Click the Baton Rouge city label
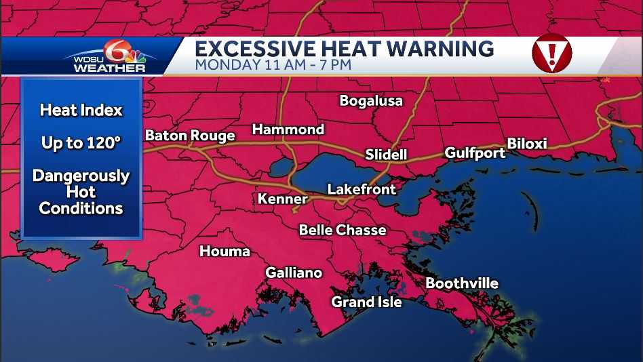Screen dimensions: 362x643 tap(190, 136)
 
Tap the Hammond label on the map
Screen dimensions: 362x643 tap(288, 129)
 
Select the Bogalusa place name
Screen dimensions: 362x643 tap(371, 101)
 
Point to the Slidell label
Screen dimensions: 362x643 tap(386, 155)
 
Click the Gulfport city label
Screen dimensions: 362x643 tap(475, 153)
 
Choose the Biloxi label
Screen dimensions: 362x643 tap(527, 144)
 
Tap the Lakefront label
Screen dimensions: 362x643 tap(362, 189)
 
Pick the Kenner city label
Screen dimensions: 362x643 tap(282, 199)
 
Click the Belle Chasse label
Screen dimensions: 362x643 tap(343, 230)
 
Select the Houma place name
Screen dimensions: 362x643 tap(225, 252)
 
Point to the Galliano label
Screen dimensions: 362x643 tap(294, 273)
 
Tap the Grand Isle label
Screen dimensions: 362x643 tap(366, 302)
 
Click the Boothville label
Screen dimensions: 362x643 tap(462, 283)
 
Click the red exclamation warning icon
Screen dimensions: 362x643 tap(551, 53)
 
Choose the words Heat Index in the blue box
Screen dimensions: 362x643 tap(81, 110)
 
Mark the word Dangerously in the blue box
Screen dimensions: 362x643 tap(81, 176)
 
